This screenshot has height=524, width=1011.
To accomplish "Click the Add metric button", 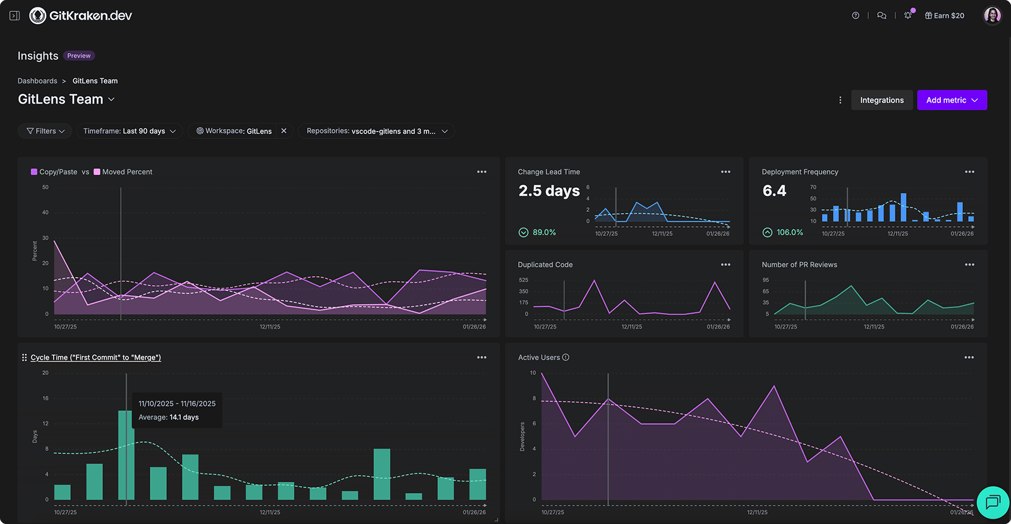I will tap(952, 100).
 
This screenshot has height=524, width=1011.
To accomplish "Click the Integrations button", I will tap(881, 100).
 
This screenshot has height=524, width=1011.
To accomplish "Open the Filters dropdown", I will tap(45, 131).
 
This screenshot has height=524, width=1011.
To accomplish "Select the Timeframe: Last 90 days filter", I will tap(130, 131).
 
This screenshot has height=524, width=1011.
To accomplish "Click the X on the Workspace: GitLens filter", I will tap(284, 131).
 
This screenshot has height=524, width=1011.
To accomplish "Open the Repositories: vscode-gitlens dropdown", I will tap(377, 131).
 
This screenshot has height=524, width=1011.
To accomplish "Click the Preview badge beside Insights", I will tap(79, 56).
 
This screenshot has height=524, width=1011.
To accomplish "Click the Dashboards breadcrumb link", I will tap(37, 81).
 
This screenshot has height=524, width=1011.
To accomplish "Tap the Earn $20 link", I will tap(945, 16).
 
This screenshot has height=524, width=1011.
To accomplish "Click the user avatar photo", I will tap(992, 15).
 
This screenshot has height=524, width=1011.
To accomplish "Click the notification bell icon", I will tap(908, 16).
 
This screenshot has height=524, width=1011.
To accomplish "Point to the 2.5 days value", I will tap(549, 191).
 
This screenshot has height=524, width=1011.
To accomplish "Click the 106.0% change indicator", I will tap(789, 233).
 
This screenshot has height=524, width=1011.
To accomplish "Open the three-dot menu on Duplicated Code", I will tap(725, 265).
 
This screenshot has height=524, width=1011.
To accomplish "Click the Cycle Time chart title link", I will tap(95, 358).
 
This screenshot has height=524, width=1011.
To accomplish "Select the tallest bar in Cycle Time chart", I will tap(124, 455).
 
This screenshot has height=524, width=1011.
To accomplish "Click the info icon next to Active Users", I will tap(566, 357).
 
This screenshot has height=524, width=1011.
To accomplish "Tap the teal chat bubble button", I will tap(992, 503).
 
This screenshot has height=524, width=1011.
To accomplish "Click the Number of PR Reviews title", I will tap(799, 265).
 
